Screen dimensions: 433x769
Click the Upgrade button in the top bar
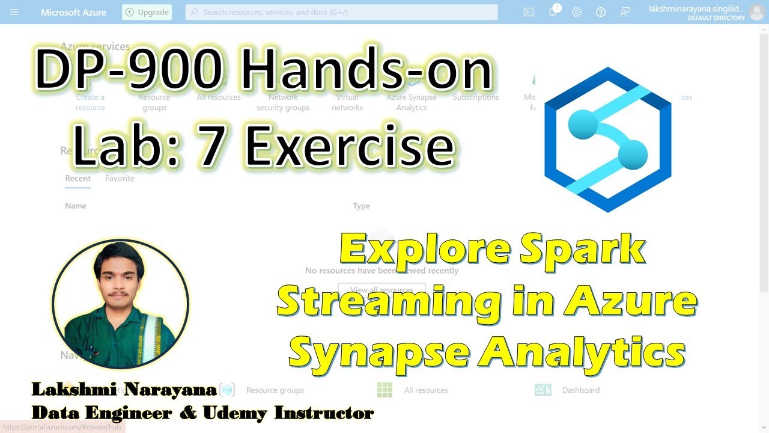click(147, 12)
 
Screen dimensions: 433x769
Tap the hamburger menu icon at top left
click(14, 12)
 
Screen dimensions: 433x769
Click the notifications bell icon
click(553, 12)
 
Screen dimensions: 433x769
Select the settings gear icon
click(577, 12)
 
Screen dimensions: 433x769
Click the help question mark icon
click(601, 12)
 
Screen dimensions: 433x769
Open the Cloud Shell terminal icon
click(529, 12)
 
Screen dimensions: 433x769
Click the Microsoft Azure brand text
click(73, 12)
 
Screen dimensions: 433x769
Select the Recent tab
click(78, 179)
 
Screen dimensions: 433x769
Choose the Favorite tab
click(120, 179)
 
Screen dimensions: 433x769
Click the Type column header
click(361, 206)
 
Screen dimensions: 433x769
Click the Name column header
click(76, 206)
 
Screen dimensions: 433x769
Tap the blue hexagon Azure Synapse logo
click(607, 140)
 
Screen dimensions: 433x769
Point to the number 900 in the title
click(180, 70)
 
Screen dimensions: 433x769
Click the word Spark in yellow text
click(582, 250)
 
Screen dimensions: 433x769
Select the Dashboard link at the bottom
click(580, 390)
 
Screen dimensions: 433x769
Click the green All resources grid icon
click(384, 390)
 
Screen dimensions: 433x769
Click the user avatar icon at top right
click(756, 12)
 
